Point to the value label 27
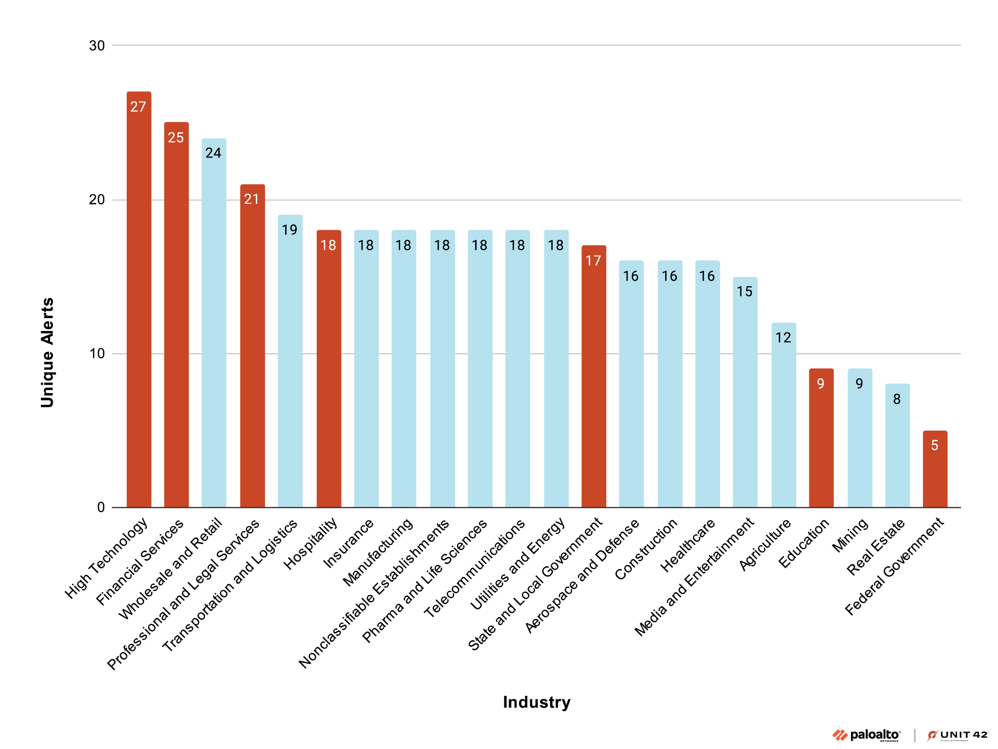point(138,107)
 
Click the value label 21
point(251,199)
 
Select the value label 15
point(745,292)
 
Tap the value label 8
point(897,399)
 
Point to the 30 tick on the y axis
point(97,46)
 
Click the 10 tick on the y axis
point(97,354)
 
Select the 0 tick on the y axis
point(101,508)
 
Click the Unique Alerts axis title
point(47,352)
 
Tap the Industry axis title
point(537,702)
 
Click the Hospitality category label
point(311,544)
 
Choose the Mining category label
point(850,535)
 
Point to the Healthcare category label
point(688,545)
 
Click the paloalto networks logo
point(866,735)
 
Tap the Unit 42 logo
point(958,735)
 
